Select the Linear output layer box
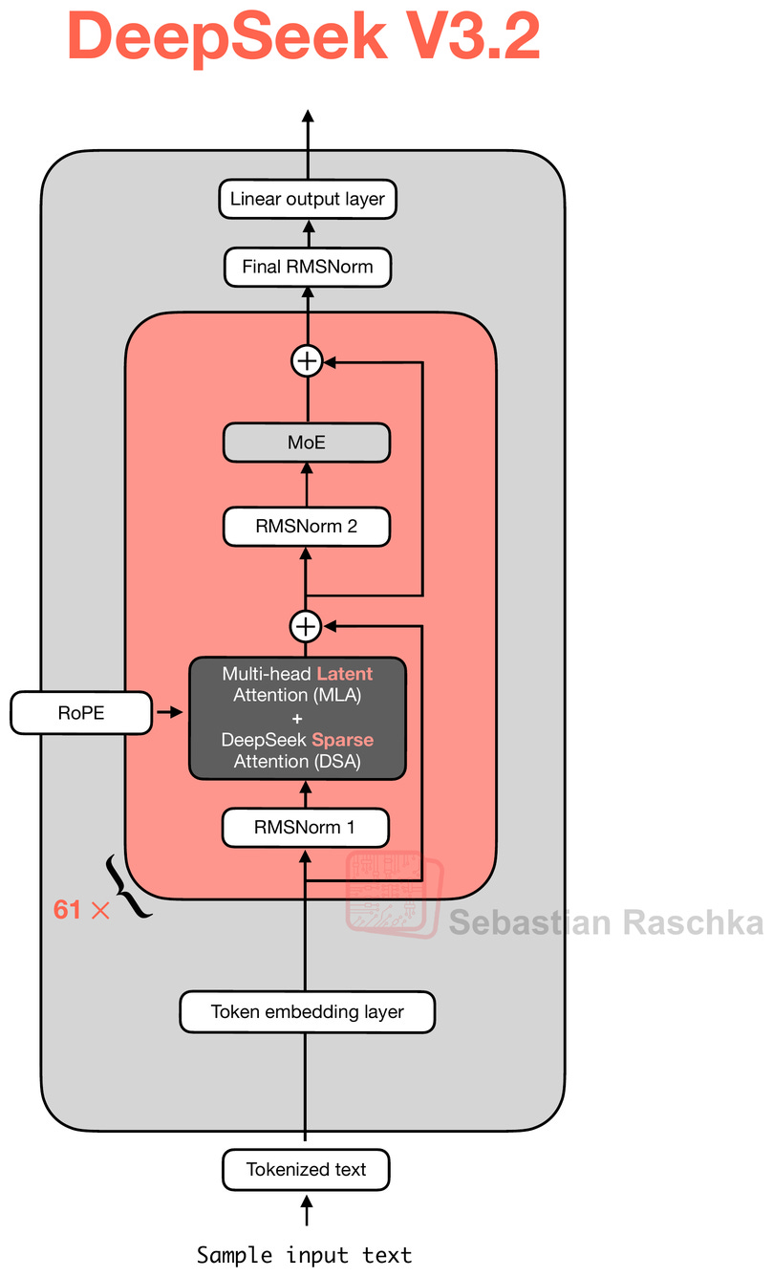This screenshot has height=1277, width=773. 307,200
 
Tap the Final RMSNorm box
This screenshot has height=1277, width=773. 307,267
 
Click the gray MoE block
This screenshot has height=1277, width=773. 307,443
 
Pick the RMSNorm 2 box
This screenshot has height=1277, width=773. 307,527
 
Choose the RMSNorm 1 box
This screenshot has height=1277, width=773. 306,828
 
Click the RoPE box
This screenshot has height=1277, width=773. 80,713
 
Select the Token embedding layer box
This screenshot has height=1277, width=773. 307,1011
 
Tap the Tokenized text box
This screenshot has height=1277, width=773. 307,1169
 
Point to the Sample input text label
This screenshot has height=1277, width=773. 305,1254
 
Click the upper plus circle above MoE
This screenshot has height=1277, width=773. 307,361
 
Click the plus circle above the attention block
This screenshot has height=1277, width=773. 306,626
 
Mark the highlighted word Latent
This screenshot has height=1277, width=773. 345,674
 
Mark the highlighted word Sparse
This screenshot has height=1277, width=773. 342,740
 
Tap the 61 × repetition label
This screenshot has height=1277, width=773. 81,910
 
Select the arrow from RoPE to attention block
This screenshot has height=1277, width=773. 170,713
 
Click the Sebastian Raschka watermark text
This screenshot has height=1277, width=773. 606,922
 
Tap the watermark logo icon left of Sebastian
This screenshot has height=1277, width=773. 395,895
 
